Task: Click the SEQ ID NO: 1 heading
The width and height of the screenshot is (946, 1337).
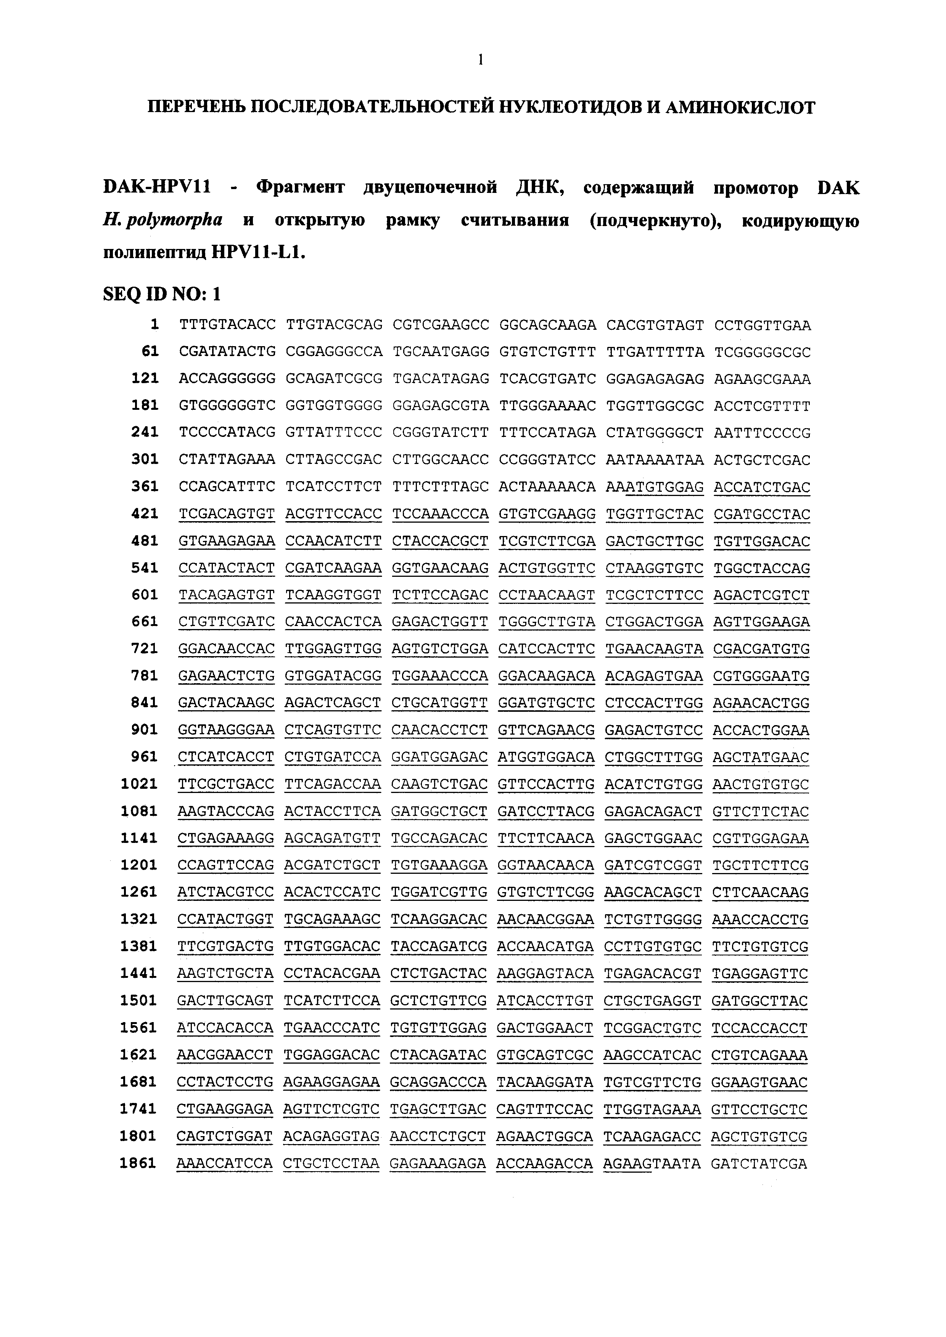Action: tap(162, 294)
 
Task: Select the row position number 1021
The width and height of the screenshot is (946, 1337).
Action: tap(140, 784)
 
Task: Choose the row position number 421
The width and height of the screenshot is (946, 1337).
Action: tap(145, 514)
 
